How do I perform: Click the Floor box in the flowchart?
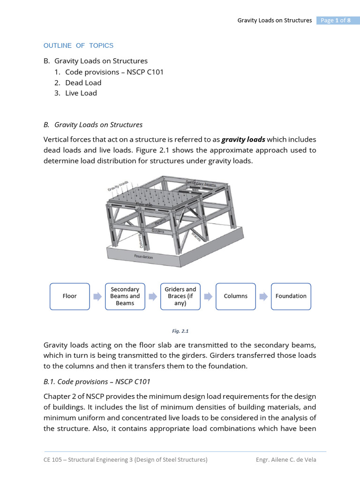tap(70, 296)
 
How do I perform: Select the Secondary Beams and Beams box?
tap(125, 296)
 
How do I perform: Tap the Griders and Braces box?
tap(180, 296)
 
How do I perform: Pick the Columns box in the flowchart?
tap(236, 296)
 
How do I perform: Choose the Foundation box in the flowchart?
tap(291, 296)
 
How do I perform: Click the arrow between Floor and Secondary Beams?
tap(97, 296)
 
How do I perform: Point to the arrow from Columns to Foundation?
tap(263, 296)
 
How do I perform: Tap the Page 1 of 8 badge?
tap(335, 20)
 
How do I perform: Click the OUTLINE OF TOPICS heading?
tap(78, 45)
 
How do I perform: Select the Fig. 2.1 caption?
tap(180, 331)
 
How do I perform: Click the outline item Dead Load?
tap(83, 82)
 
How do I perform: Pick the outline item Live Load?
tap(81, 93)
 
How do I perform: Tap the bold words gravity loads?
tap(243, 140)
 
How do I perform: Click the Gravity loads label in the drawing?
tap(118, 185)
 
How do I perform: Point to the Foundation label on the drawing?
tap(143, 257)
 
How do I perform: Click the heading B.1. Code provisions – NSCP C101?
tap(97, 382)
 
